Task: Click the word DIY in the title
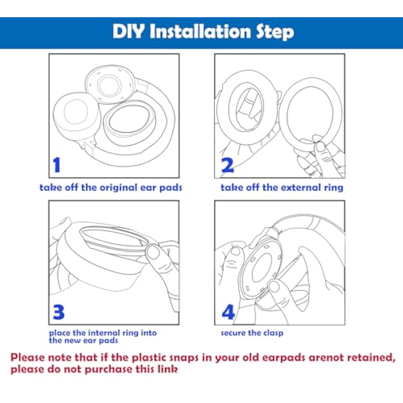click(128, 31)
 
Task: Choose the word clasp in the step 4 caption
click(273, 333)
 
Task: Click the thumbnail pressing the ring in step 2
click(320, 146)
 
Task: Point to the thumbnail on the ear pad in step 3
click(153, 252)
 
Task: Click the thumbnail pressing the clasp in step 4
click(274, 286)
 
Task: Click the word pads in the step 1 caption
click(171, 188)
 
